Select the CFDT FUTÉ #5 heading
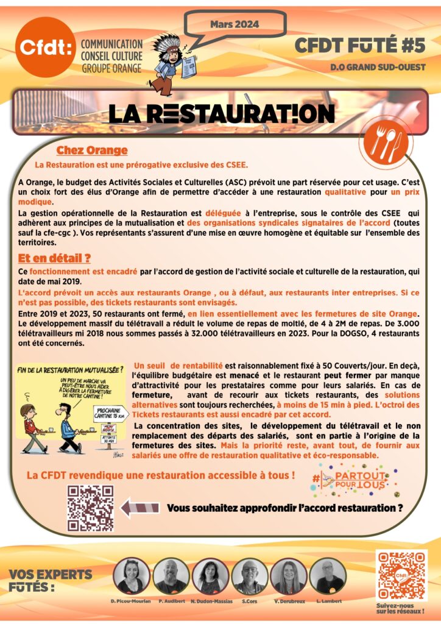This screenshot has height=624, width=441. click(x=360, y=45)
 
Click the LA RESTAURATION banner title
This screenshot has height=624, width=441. click(x=222, y=113)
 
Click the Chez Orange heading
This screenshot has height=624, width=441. click(x=92, y=151)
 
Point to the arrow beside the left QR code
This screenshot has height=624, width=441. click(x=140, y=507)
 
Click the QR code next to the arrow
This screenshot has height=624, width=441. click(x=90, y=508)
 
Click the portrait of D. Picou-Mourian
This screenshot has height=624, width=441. click(x=130, y=576)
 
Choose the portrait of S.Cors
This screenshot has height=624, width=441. click(x=249, y=576)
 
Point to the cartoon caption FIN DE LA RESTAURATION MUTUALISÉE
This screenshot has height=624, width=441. click(x=71, y=369)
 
